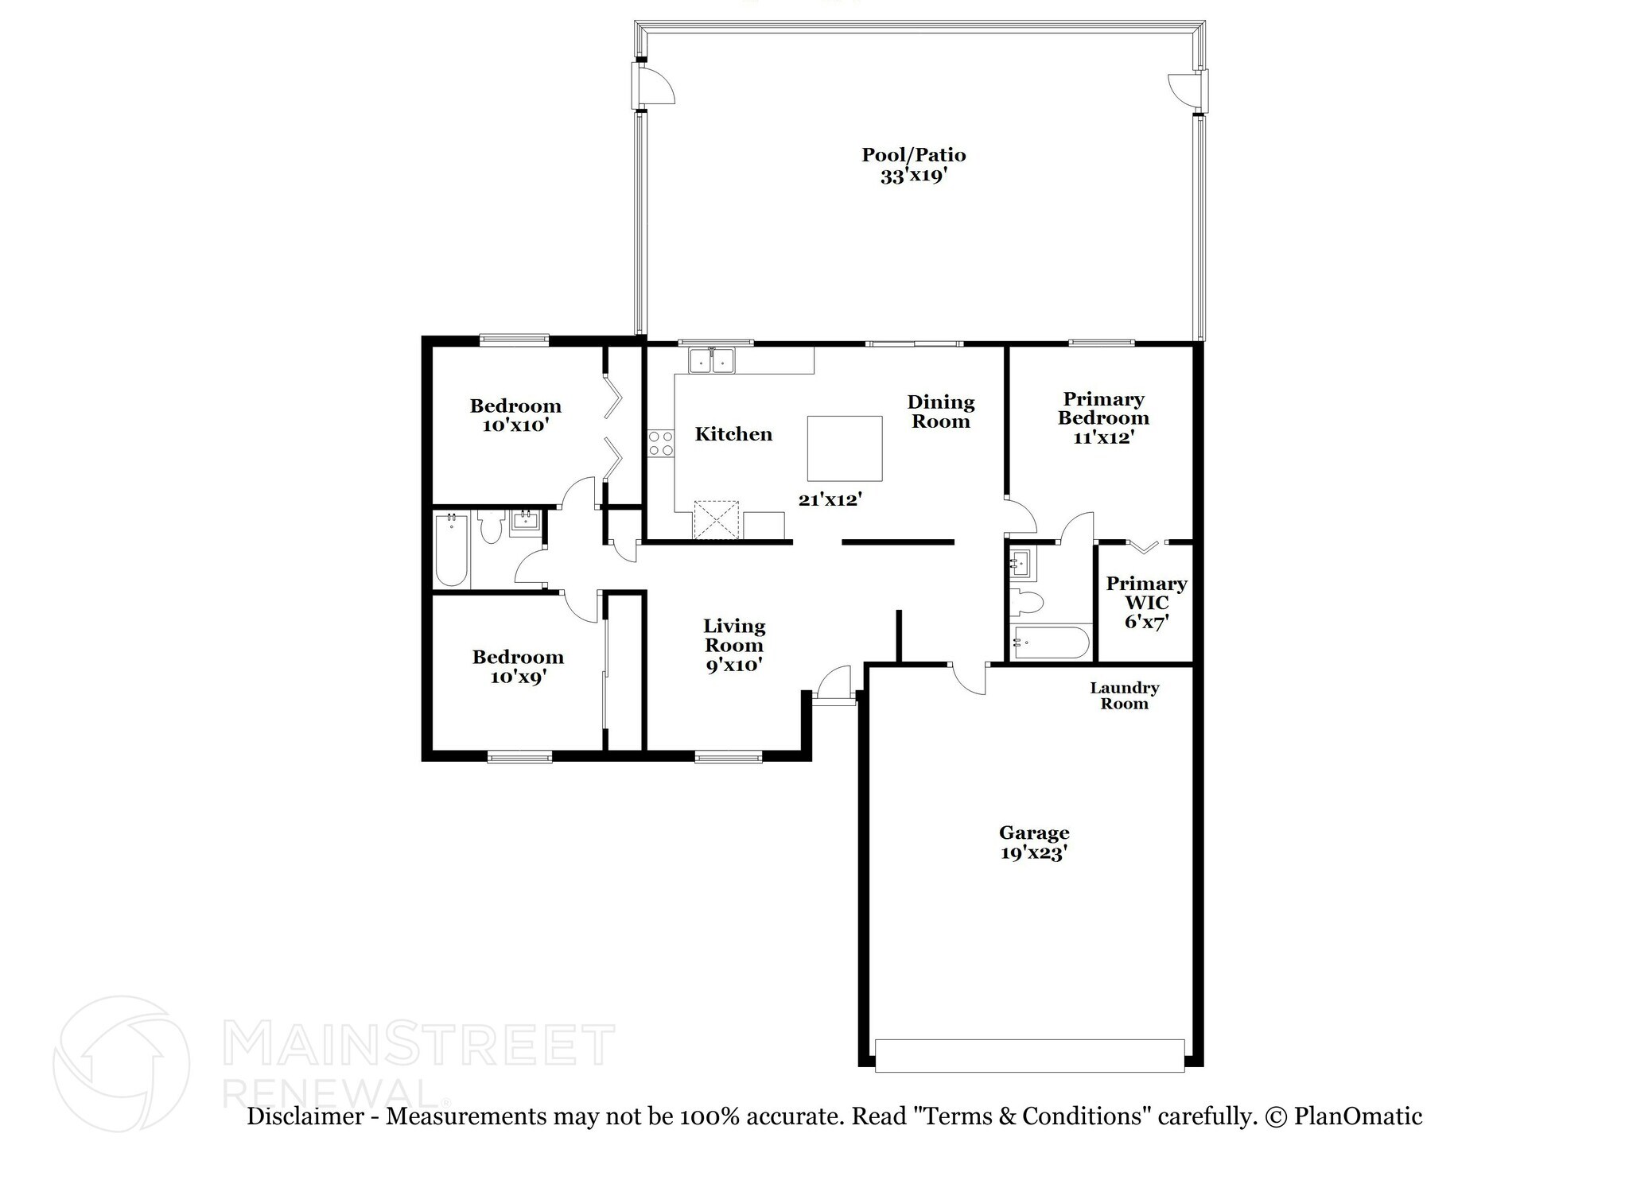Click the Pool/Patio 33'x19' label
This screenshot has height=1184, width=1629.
(913, 165)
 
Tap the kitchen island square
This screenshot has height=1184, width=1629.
(844, 448)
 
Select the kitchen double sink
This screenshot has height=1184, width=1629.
(710, 360)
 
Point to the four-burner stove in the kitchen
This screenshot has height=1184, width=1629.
(659, 443)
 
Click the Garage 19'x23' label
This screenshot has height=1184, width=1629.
(1033, 843)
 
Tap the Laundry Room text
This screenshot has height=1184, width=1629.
(1123, 696)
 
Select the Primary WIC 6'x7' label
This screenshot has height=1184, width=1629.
(1145, 603)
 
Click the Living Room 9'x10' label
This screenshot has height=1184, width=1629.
(733, 646)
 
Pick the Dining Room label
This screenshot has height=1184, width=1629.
(940, 412)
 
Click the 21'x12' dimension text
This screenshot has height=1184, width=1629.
(830, 500)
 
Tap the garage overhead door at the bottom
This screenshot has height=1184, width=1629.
(1029, 1055)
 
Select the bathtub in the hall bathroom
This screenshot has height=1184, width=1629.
(451, 549)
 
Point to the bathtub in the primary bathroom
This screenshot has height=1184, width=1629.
(1049, 643)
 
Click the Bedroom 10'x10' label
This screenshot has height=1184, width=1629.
(515, 416)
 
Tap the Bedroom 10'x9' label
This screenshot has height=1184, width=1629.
(517, 666)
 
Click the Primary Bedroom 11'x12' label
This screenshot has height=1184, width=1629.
(1102, 418)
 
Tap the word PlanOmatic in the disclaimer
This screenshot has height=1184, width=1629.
(1357, 1117)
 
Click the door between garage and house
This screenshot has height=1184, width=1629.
(967, 677)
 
